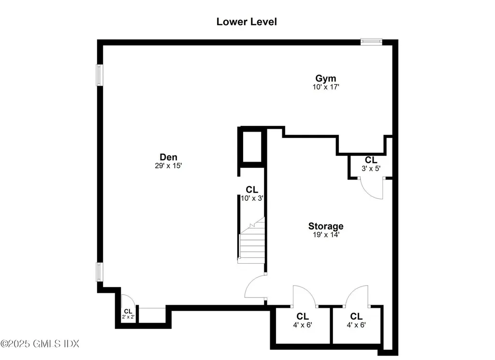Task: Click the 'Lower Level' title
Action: pyautogui.click(x=247, y=22)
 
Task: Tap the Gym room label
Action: pyautogui.click(x=326, y=78)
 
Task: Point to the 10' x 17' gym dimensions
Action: pyautogui.click(x=326, y=87)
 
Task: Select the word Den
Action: pyautogui.click(x=168, y=157)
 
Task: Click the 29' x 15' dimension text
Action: pyautogui.click(x=168, y=165)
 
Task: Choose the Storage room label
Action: pyautogui.click(x=326, y=226)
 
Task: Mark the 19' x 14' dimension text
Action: pyautogui.click(x=326, y=235)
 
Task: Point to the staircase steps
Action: pyautogui.click(x=252, y=242)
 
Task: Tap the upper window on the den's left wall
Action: pyautogui.click(x=100, y=75)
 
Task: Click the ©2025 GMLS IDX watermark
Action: pyautogui.click(x=40, y=344)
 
